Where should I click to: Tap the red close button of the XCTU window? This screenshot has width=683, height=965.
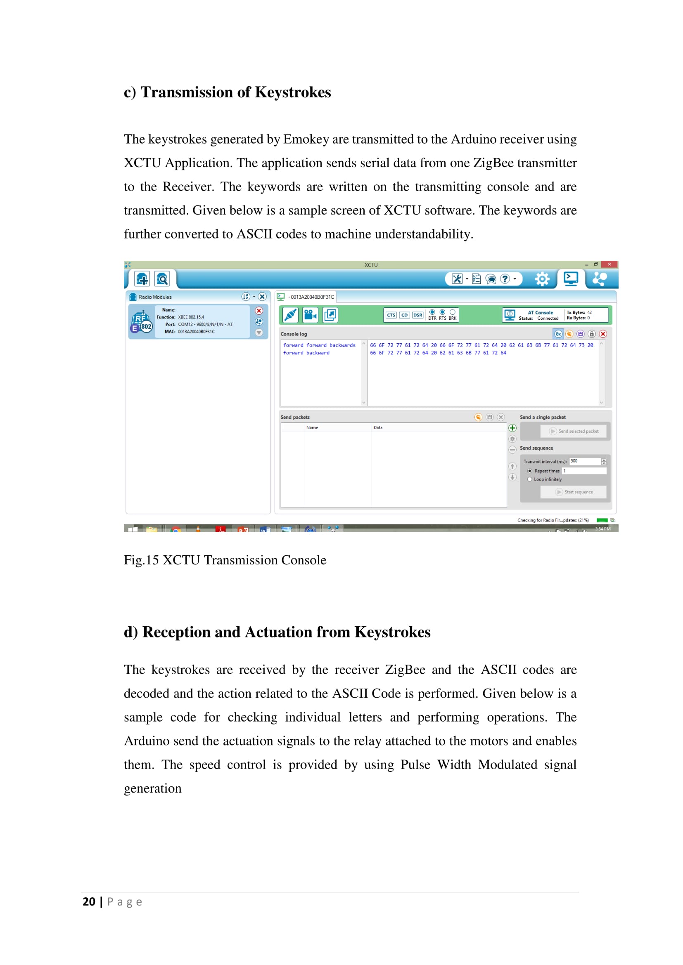609,264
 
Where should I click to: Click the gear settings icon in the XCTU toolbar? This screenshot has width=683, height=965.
542,278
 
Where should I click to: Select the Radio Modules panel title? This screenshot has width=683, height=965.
155,297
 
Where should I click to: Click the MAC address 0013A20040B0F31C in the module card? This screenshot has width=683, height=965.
196,332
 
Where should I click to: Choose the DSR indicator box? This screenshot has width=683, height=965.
417,315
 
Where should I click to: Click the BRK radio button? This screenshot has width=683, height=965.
453,312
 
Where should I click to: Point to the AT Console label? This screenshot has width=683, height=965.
541,313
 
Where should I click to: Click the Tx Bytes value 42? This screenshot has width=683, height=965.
590,313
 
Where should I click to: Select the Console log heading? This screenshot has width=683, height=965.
294,334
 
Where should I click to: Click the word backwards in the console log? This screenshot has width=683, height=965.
342,345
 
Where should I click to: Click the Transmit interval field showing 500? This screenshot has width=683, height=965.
585,462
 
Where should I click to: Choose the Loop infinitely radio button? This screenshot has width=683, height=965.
529,479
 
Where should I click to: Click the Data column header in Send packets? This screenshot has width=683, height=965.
378,428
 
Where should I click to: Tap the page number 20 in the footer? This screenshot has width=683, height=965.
89,902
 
